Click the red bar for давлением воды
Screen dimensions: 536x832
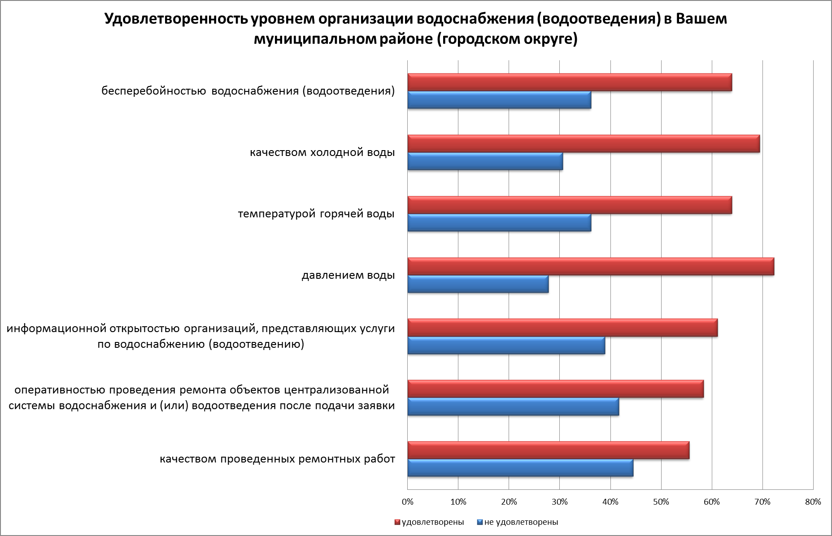click(591, 267)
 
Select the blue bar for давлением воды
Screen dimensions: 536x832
click(478, 284)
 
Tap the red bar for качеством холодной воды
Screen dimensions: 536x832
click(584, 144)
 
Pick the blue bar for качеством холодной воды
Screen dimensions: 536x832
click(485, 161)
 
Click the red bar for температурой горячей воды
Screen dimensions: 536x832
click(570, 205)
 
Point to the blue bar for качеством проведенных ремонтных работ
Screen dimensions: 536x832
click(520, 468)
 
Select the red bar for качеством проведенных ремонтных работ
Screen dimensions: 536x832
click(549, 450)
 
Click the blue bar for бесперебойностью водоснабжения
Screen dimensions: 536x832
click(499, 100)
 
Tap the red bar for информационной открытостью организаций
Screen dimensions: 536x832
click(562, 328)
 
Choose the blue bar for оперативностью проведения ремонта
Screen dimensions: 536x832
click(513, 406)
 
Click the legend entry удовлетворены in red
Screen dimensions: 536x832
click(429, 522)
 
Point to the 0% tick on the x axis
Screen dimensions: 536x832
click(407, 502)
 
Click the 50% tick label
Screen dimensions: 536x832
click(661, 502)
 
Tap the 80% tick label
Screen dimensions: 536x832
click(813, 502)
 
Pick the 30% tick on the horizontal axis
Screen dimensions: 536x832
click(559, 502)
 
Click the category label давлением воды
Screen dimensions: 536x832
click(348, 275)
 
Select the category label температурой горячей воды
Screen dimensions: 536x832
click(316, 214)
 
